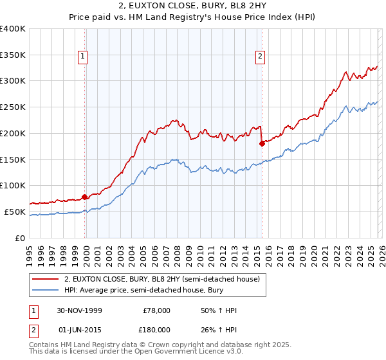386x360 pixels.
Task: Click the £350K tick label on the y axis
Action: point(13,55)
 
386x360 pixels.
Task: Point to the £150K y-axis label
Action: point(13,159)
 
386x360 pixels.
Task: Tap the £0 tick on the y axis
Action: point(21,238)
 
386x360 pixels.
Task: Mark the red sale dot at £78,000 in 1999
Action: point(85,197)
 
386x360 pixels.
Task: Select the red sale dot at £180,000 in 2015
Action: point(262,144)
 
